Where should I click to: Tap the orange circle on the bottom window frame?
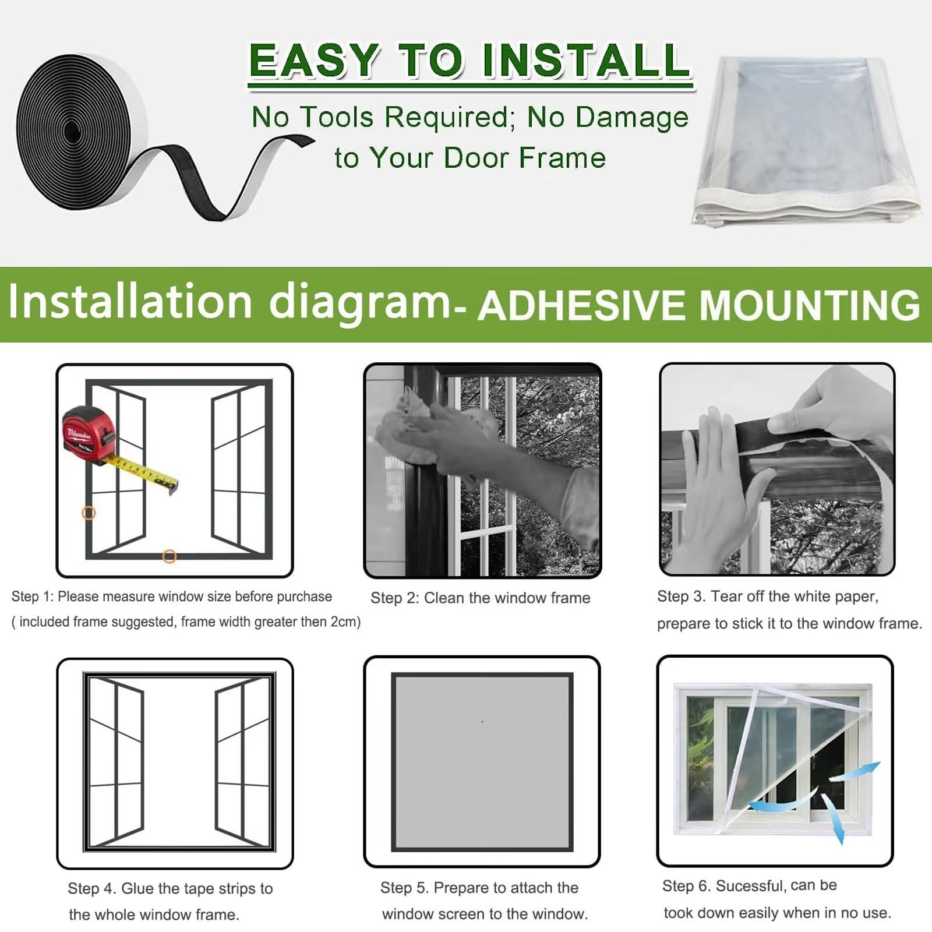[169, 556]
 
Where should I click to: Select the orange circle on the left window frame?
[89, 513]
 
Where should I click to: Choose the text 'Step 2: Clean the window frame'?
[481, 598]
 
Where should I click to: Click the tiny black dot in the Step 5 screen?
[482, 722]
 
